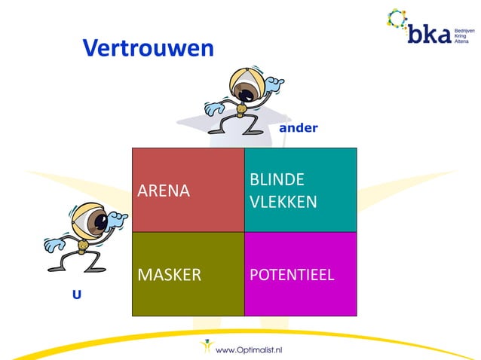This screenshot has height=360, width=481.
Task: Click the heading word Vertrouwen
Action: tap(148, 48)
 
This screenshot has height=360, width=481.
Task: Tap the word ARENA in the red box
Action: tap(163, 191)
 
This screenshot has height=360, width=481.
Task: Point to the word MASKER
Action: tap(169, 274)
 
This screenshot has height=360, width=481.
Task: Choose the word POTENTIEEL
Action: tap(291, 274)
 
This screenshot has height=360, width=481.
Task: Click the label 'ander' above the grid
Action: tap(298, 128)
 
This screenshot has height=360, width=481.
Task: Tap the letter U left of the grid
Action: tap(76, 295)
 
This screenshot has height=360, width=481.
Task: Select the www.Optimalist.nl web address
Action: tap(249, 349)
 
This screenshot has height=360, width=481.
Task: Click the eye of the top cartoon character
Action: tap(244, 91)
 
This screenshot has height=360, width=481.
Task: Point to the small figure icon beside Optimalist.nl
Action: tap(206, 347)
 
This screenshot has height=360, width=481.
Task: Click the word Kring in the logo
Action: tap(461, 33)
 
